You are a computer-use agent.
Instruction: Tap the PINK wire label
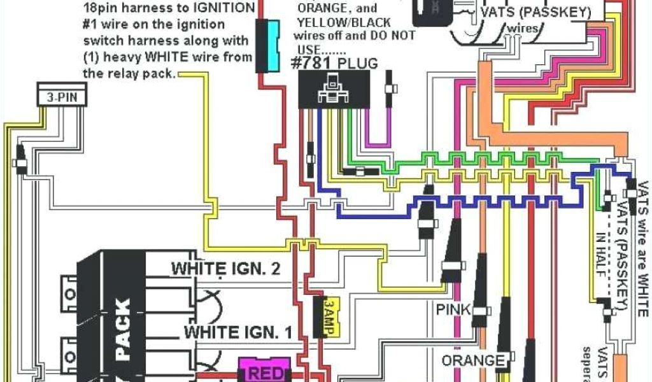pos(453,310)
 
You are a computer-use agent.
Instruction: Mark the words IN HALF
pos(600,248)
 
